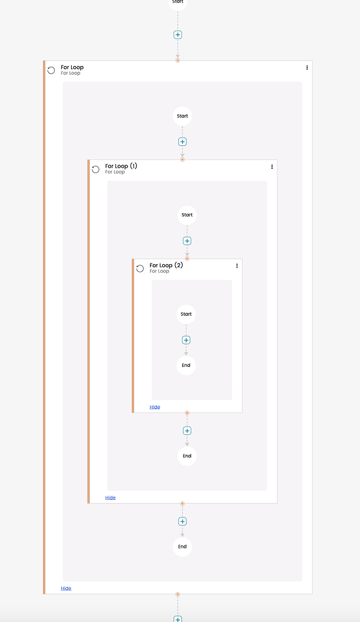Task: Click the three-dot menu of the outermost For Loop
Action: tap(307, 67)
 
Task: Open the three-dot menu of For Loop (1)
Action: tap(272, 166)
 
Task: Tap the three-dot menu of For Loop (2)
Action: tap(237, 265)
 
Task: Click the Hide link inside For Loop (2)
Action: tap(155, 407)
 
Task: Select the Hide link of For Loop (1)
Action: tap(110, 497)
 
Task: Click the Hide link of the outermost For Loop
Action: tap(66, 588)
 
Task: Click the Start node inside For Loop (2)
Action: tap(186, 314)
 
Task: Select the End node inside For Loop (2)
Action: tap(186, 365)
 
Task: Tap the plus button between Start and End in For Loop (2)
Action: tap(186, 340)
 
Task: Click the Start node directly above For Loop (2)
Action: tap(187, 215)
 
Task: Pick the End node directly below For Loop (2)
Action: tap(187, 456)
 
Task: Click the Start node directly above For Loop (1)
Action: tap(182, 116)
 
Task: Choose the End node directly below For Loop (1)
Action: tap(182, 547)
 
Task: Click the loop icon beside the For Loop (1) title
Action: tap(96, 169)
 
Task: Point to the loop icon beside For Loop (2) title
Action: tap(140, 268)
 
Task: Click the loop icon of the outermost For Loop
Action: tap(52, 70)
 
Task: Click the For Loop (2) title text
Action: tap(166, 265)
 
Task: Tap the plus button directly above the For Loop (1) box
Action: tap(182, 142)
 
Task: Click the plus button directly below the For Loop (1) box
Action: tap(182, 521)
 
